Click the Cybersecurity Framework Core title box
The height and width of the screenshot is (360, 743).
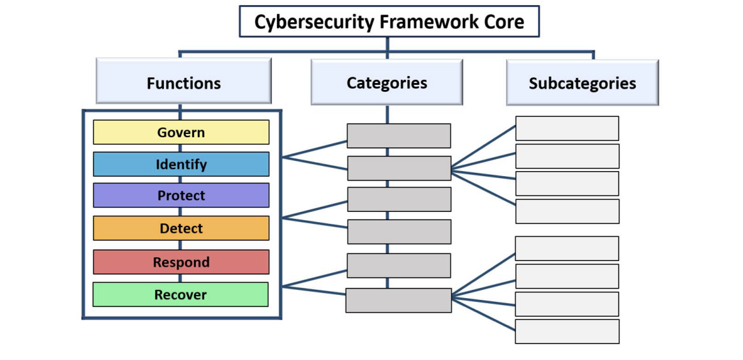tap(389, 22)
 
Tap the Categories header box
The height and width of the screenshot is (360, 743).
tap(387, 82)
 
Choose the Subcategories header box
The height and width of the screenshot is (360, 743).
tap(582, 83)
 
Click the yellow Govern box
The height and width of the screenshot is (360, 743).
tap(181, 132)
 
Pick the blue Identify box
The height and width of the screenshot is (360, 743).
tap(181, 164)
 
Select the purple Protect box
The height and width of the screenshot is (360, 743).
tap(181, 195)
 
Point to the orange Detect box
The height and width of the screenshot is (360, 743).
tap(181, 228)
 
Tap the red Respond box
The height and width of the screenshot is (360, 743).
tap(181, 262)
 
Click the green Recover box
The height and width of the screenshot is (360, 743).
tap(181, 294)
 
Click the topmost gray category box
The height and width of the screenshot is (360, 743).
tap(399, 136)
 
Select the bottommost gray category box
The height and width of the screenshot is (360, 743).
tap(398, 300)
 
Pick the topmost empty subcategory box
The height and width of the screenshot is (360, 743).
tap(567, 128)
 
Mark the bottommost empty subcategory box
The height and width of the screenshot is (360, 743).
tap(567, 331)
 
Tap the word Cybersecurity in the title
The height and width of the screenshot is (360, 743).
tap(314, 22)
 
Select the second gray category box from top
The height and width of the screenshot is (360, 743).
tap(399, 168)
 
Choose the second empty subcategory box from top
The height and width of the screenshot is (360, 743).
tap(567, 156)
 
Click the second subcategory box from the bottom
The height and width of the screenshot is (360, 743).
tap(567, 304)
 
